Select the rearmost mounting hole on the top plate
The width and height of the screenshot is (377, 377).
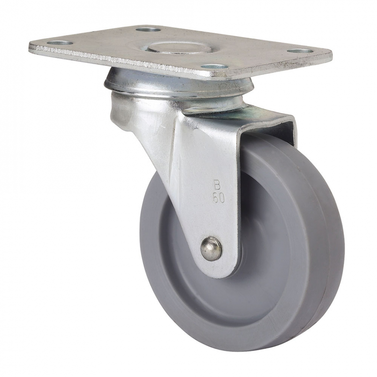[x=148, y=30]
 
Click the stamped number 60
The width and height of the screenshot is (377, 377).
[x=218, y=199]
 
